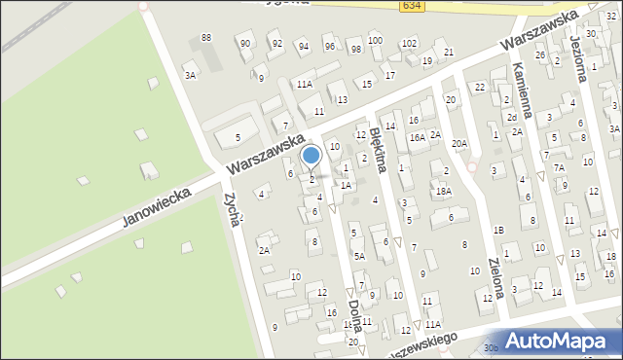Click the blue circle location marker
[311, 155]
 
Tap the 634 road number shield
[411, 7]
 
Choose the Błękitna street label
[378, 149]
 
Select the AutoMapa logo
[556, 342]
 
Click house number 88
[205, 37]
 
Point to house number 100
[375, 40]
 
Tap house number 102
[409, 44]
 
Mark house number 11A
[305, 85]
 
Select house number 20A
[459, 143]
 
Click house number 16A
[416, 138]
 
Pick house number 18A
[443, 192]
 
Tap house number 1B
[498, 230]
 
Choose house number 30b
[491, 347]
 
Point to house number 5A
[359, 256]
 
